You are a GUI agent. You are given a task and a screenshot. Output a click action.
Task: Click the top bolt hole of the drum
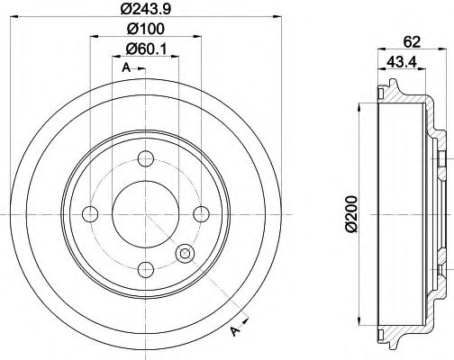coord(144,162)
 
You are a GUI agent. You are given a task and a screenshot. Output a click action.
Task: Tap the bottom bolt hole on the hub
coord(144,267)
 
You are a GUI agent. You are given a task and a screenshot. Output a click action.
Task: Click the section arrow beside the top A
coord(143,69)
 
